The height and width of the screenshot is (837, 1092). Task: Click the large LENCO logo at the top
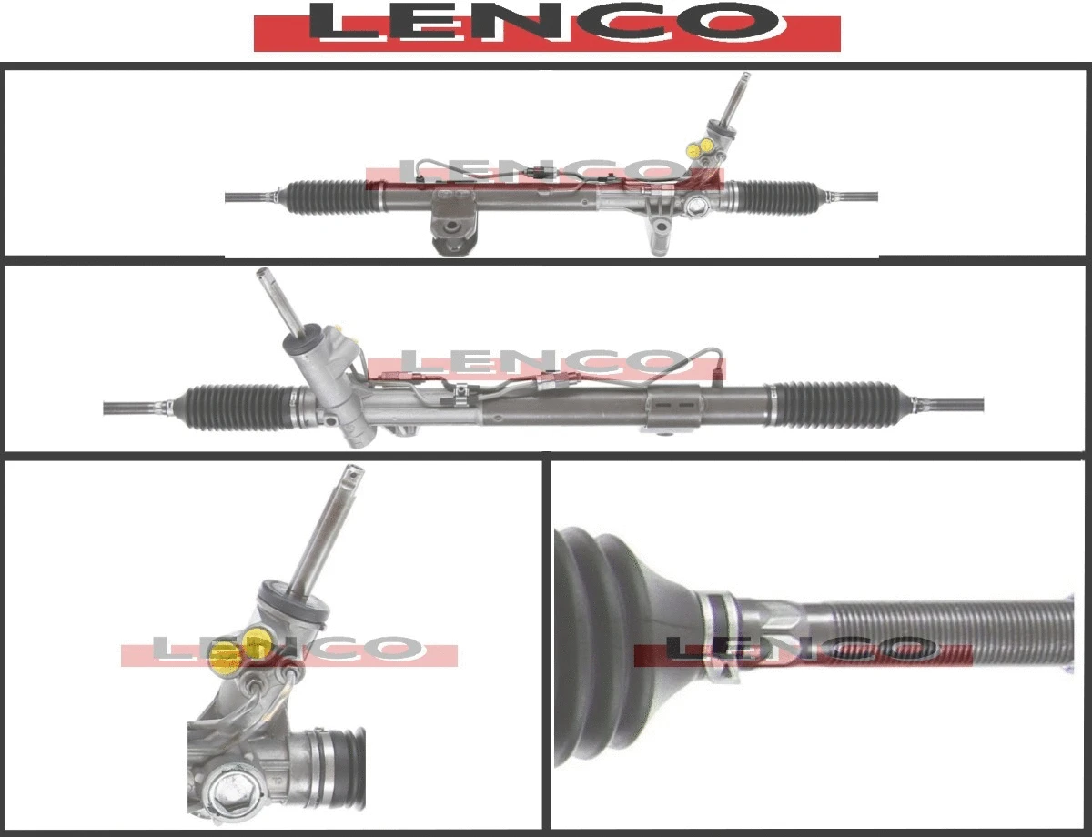[546, 25]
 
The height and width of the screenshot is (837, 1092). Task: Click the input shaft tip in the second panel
[263, 274]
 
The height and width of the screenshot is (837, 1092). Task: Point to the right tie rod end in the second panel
[951, 403]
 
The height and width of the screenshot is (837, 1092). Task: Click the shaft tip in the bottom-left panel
[352, 473]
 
